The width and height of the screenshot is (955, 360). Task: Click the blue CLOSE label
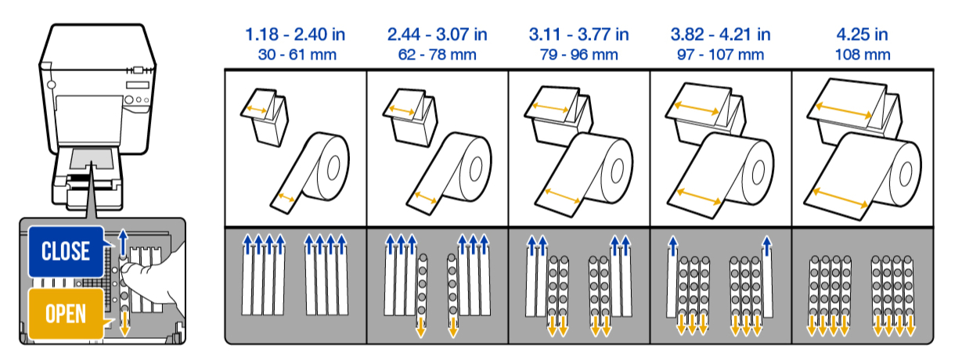66,251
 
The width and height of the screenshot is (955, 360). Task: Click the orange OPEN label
66,313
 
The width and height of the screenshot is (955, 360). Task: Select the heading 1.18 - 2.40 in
295,35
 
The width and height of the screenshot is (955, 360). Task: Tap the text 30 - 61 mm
295,55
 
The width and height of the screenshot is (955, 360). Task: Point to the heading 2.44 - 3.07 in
437,35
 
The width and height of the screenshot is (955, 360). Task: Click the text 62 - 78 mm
437,55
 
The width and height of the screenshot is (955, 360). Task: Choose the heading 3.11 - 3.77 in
578,35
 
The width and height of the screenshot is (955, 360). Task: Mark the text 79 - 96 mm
578,55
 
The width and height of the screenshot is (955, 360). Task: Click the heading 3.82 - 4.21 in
720,35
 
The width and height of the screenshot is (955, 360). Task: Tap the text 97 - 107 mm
720,55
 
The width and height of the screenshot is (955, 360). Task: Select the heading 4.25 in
863,35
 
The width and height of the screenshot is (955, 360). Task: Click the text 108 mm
863,55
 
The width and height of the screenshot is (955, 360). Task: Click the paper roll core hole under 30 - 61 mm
332,167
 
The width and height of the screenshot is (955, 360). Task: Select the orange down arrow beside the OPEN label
123,322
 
